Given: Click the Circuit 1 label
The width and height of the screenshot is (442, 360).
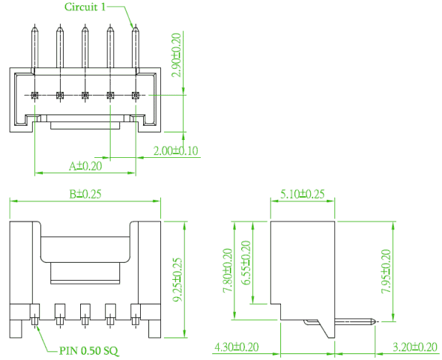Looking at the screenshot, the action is click(x=85, y=7).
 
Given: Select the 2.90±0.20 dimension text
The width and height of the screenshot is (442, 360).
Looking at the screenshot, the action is click(x=177, y=55).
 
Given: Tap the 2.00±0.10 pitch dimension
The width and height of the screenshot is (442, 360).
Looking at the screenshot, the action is click(x=175, y=150).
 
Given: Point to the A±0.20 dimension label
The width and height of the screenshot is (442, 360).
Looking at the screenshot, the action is click(x=85, y=166).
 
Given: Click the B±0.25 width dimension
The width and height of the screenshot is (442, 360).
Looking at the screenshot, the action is click(x=85, y=194).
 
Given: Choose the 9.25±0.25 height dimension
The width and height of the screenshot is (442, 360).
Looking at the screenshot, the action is click(x=178, y=279).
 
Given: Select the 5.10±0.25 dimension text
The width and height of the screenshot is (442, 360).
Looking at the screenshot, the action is click(x=303, y=194).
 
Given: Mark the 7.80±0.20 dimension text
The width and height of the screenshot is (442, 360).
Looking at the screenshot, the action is click(x=228, y=270).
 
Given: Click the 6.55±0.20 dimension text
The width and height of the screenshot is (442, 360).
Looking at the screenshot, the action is click(x=246, y=263).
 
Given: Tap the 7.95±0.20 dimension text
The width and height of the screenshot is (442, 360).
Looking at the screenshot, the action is click(x=386, y=271).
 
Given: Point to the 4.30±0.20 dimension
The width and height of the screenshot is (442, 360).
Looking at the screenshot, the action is click(x=237, y=347).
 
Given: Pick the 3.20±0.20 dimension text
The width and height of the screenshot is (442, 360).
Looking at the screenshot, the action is click(x=415, y=347).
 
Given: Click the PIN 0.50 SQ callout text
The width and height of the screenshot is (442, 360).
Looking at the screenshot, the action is click(x=89, y=351).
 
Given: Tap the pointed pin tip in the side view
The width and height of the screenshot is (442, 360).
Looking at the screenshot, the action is click(x=375, y=321).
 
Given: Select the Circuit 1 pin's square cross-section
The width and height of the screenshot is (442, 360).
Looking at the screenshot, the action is click(x=136, y=96).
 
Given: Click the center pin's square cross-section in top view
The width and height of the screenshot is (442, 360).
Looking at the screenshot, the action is click(x=85, y=96).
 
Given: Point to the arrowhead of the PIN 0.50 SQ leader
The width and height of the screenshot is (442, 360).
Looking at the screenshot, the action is click(x=36, y=328).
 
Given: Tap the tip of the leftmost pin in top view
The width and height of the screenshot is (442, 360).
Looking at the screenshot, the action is click(x=34, y=25).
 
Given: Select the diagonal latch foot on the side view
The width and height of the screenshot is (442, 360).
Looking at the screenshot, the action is click(x=325, y=329).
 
